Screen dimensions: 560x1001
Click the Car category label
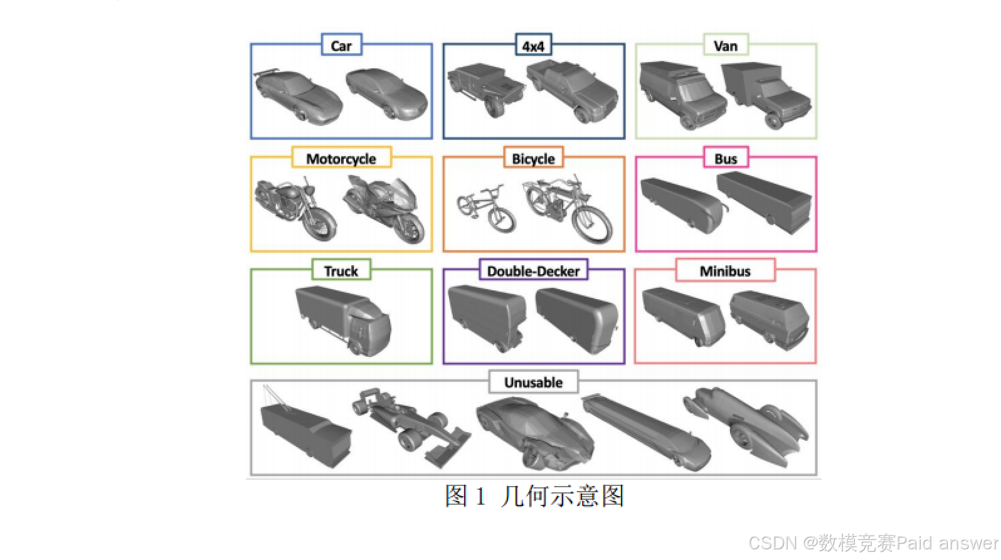341,46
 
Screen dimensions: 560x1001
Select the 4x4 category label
533,46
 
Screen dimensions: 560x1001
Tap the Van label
726,46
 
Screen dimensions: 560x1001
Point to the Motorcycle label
341,159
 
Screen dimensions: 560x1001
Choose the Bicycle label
533,159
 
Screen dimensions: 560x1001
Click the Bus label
726,159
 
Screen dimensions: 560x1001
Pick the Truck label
341,271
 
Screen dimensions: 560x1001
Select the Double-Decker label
533,271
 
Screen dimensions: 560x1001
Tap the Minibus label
725,271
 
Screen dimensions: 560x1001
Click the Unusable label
533,382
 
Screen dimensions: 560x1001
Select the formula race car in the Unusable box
411,426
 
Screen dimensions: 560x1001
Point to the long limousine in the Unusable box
646,433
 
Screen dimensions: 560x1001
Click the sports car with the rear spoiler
298,96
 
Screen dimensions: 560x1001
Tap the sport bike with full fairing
386,208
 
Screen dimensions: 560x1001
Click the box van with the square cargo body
766,94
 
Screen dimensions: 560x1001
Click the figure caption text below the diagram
534,496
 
